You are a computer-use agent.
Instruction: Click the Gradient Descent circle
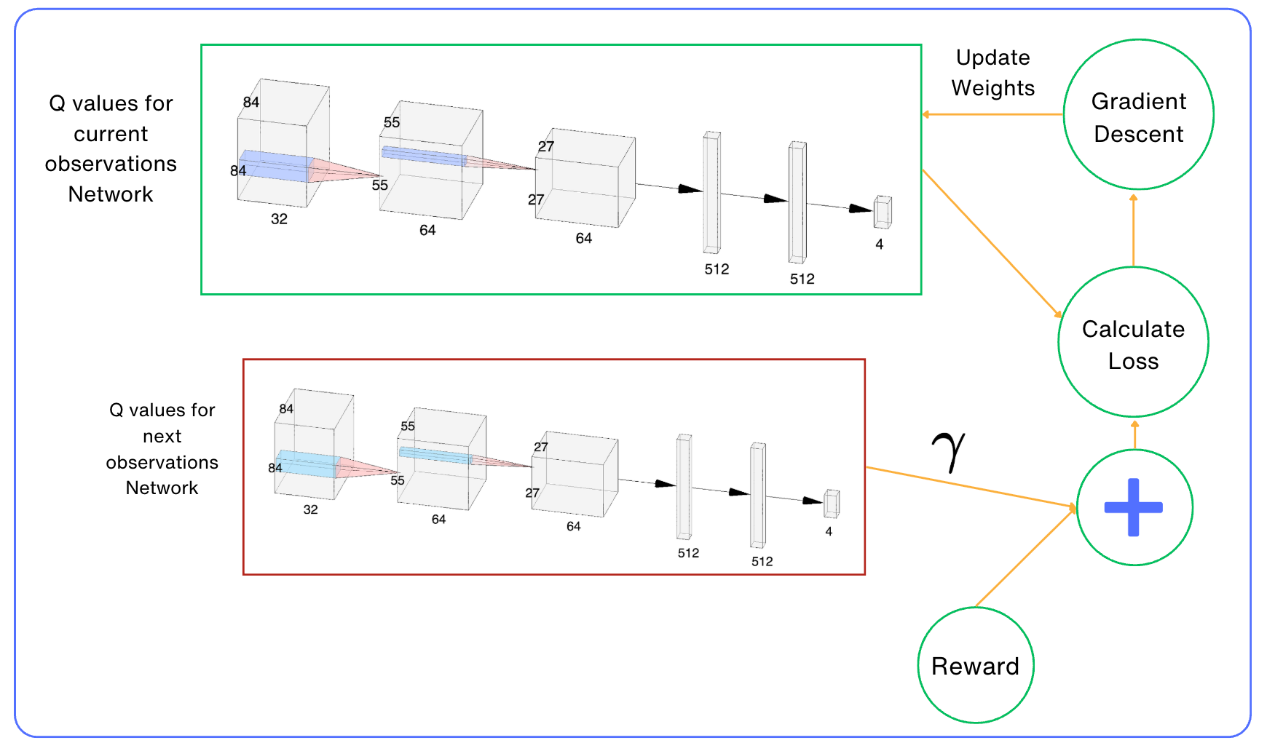(1138, 115)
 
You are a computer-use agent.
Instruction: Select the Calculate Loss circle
(1133, 343)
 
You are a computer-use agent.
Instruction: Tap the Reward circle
(975, 665)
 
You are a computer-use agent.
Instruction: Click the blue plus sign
(1133, 507)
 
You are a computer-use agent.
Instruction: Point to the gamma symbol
(948, 450)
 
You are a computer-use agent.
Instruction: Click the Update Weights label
(992, 73)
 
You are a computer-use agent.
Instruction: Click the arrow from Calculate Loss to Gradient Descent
(1133, 229)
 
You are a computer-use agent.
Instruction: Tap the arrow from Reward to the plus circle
(1025, 557)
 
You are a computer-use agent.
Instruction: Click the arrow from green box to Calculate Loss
(992, 243)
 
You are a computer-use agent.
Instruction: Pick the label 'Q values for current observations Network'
(111, 148)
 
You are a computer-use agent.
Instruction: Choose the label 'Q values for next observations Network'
(162, 449)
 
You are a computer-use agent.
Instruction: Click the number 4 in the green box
(880, 245)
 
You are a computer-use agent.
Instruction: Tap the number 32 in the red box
(310, 509)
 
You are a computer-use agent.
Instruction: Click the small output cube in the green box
(883, 212)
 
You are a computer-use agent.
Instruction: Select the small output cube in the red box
(832, 504)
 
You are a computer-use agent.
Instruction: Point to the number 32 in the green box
(279, 219)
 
